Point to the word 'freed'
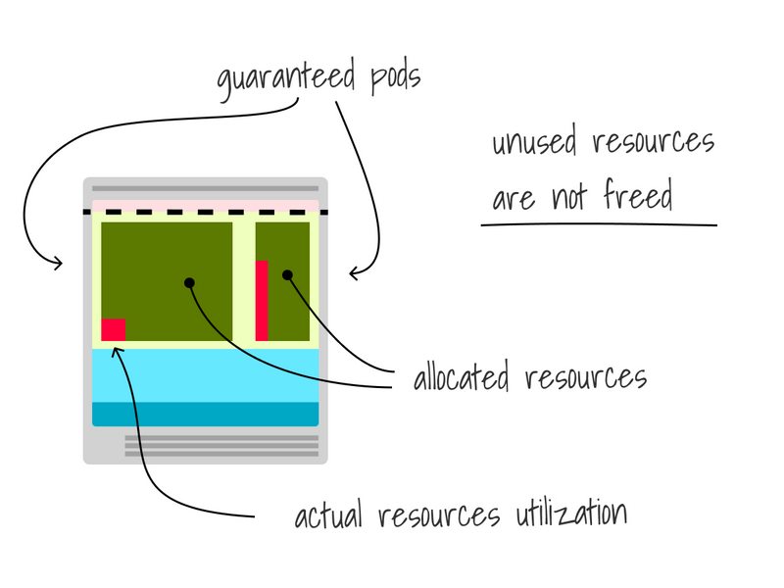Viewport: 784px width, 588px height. coord(638,197)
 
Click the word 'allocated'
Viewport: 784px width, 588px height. coord(465,377)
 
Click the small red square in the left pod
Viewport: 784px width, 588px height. coord(113,330)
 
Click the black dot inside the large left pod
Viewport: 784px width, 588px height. coord(189,283)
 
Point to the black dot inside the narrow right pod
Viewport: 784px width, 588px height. coord(287,275)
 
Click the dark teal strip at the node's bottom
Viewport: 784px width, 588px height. coord(206,415)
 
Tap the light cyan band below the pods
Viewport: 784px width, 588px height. coord(206,374)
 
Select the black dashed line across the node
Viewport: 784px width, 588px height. coord(206,212)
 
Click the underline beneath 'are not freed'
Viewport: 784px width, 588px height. coord(598,224)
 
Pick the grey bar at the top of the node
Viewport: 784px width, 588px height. coord(206,188)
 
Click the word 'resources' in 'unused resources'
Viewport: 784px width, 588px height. coord(653,143)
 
